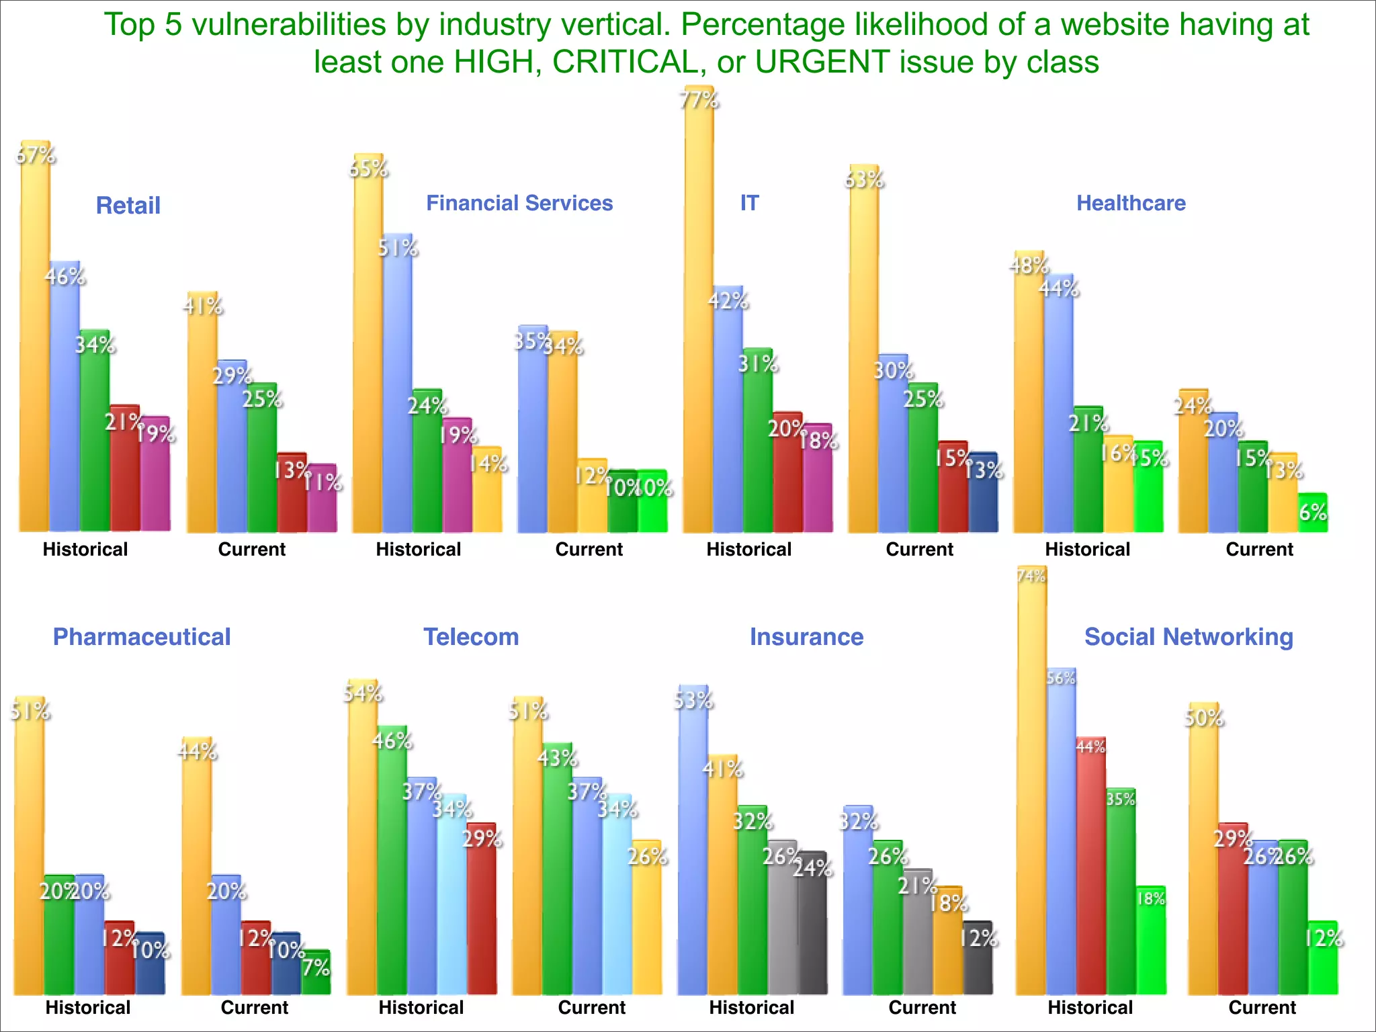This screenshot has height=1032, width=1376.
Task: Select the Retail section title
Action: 128,206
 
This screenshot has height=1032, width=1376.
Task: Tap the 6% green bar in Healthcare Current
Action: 1313,514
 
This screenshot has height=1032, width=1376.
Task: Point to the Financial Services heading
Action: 519,203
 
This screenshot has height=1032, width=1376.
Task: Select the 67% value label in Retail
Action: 36,156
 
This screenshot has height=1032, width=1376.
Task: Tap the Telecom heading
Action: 471,637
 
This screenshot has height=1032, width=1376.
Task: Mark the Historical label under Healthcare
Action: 1087,550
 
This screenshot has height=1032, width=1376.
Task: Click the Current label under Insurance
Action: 922,1008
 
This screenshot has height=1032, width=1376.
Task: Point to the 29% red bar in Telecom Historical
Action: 482,914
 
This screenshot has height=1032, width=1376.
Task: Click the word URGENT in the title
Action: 822,62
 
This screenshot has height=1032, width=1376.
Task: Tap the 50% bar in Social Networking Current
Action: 1203,853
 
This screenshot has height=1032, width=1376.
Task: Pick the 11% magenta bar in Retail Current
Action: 322,501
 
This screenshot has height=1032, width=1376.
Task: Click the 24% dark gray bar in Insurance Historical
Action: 812,927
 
